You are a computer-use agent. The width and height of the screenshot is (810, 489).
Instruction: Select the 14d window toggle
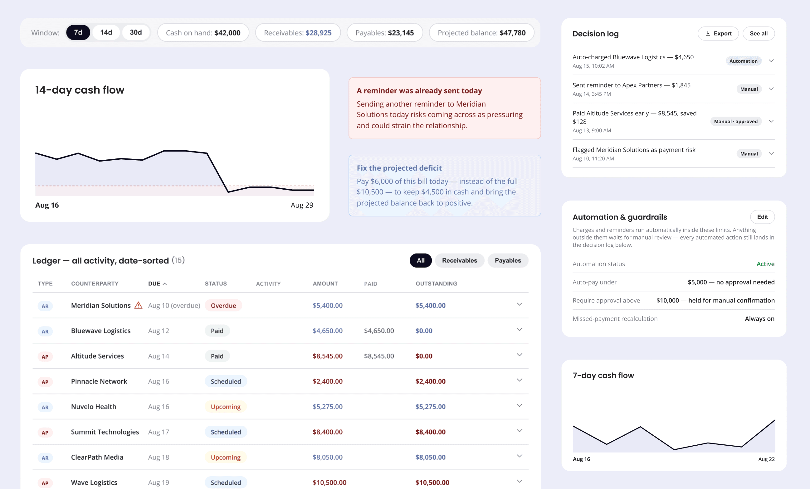(x=106, y=32)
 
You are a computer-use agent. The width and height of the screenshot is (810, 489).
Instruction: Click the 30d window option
(x=136, y=32)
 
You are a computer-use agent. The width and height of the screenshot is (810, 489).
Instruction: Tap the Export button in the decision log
(x=718, y=33)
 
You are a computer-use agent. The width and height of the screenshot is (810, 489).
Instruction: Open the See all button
(x=759, y=33)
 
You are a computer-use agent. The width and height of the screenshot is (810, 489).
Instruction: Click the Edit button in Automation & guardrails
(x=762, y=217)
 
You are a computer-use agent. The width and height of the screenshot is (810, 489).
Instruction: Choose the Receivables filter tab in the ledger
(x=459, y=261)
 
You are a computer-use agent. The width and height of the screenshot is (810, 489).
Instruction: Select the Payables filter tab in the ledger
(x=508, y=261)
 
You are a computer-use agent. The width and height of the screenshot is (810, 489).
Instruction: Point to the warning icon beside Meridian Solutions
(x=139, y=305)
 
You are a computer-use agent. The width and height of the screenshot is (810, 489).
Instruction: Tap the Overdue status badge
(x=223, y=306)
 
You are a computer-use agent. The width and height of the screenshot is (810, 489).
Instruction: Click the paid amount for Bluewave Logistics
(x=379, y=331)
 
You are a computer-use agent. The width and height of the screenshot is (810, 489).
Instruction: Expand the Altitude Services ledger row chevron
(x=519, y=355)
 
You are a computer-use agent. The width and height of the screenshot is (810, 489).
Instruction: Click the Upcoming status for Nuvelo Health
(x=226, y=407)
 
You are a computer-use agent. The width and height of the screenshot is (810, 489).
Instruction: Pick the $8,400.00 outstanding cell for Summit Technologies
(x=430, y=432)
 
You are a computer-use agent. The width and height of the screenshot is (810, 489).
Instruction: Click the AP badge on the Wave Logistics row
(x=45, y=483)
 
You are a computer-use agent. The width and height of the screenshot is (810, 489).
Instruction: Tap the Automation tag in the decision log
(x=743, y=61)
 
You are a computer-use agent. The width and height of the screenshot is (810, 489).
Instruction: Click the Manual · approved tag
(x=736, y=122)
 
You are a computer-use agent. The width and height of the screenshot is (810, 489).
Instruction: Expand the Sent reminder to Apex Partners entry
(x=771, y=89)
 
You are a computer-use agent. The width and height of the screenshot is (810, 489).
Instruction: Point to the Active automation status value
(x=765, y=264)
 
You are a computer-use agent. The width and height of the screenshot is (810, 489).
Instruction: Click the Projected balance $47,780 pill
(x=481, y=33)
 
